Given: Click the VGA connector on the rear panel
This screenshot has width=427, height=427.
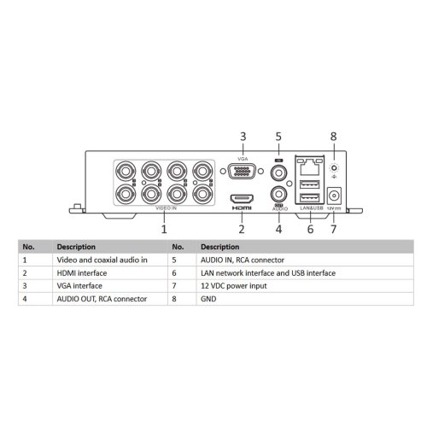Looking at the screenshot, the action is click(242, 171).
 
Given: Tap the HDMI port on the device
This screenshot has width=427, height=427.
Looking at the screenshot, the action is click(242, 198).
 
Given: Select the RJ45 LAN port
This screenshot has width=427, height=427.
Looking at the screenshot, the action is click(309, 167).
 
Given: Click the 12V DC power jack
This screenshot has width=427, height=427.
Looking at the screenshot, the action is click(334, 196).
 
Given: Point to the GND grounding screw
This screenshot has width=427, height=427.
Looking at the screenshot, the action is click(334, 168).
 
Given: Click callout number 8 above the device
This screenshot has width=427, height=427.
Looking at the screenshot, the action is click(333, 137).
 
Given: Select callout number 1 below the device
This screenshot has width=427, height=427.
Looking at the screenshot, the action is click(164, 229).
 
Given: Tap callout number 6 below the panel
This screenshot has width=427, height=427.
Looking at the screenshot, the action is click(310, 229).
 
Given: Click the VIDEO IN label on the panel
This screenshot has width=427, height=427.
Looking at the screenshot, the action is click(166, 208).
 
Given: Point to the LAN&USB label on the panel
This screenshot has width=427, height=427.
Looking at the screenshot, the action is click(312, 208).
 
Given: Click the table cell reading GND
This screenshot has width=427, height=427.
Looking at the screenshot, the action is click(208, 299).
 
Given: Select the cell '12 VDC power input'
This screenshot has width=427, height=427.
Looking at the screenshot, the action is click(234, 286).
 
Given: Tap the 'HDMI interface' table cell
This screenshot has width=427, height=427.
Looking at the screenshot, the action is click(82, 273).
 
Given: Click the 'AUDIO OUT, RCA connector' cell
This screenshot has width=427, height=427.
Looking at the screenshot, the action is click(102, 299).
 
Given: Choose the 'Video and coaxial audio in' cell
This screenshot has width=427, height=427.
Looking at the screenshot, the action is click(102, 260).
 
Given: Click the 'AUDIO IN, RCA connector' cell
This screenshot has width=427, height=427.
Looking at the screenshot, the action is click(243, 260).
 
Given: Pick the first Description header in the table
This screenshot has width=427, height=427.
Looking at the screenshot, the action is click(76, 247).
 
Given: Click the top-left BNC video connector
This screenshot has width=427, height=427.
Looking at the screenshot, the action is click(126, 172).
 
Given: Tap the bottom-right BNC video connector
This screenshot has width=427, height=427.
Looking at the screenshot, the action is click(202, 194).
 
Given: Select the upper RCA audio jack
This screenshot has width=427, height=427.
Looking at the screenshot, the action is click(278, 173).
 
